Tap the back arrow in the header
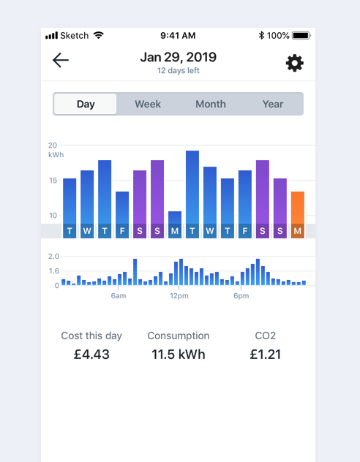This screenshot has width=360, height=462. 61,61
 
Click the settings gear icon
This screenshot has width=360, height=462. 294,63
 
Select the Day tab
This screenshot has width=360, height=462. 86,104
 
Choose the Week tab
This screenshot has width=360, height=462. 148,104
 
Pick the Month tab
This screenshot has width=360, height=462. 211,104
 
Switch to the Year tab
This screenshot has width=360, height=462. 273,104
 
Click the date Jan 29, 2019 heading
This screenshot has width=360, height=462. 179,57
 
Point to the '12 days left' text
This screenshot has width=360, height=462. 179,71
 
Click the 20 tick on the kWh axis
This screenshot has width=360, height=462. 53,145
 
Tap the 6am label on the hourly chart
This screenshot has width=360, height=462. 119,296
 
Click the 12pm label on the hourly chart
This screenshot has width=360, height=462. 179,296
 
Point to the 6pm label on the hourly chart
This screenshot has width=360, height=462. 241,296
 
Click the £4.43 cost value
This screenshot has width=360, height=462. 91,355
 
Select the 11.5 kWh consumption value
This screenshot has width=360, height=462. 179,355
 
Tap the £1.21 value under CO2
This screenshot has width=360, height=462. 265,355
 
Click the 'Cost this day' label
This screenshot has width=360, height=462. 91,336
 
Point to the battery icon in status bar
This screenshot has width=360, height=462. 301,35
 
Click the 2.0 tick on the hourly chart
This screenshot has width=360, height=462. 53,257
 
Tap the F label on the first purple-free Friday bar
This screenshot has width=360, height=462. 122,231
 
